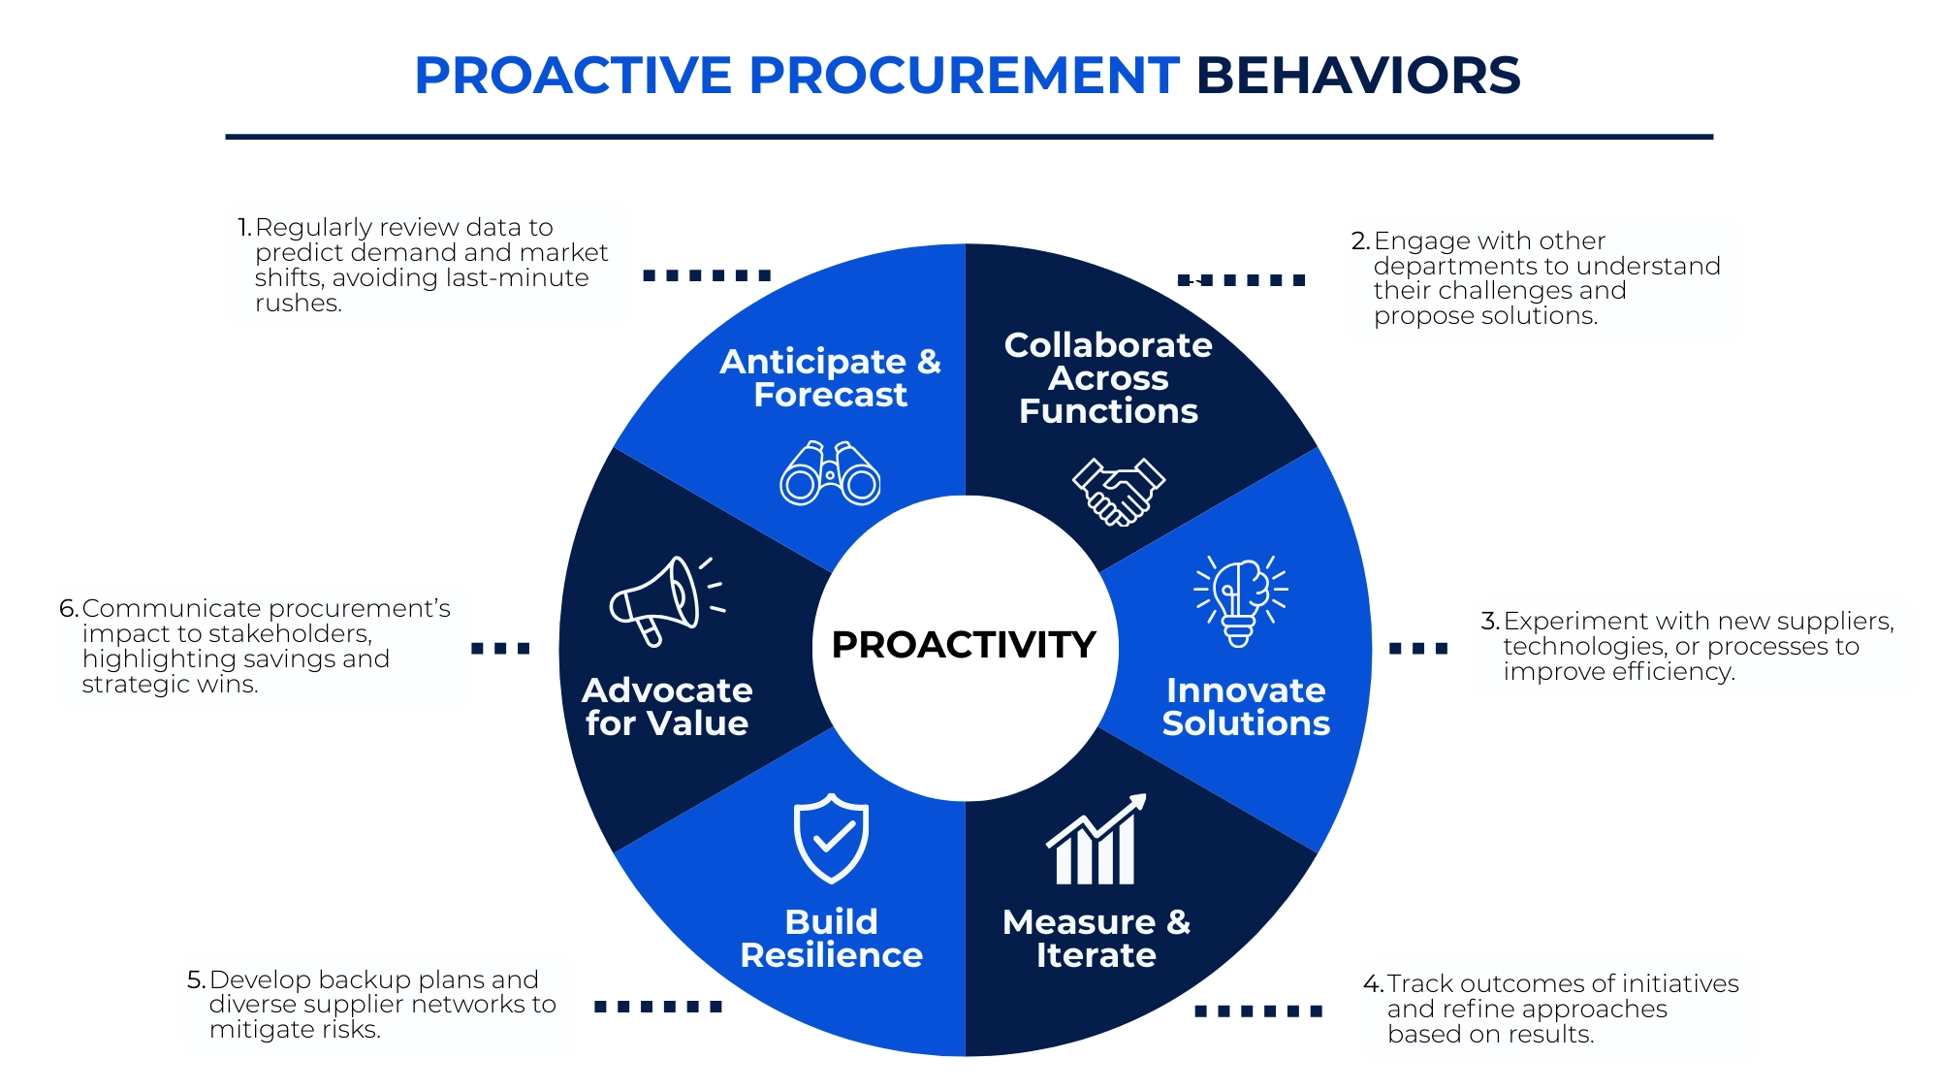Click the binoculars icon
[830, 473]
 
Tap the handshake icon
[1118, 491]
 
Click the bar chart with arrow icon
[1097, 841]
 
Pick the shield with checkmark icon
[831, 838]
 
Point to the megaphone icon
[665, 600]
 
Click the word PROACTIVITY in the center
[964, 645]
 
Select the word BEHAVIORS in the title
[1357, 76]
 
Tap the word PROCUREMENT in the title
[964, 76]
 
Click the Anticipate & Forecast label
[830, 378]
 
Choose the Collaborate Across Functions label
[1108, 378]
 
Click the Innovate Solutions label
[1246, 707]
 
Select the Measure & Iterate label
[1097, 939]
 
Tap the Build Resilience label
[831, 939]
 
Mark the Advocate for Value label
[667, 707]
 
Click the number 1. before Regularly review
[244, 228]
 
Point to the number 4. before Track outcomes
[1373, 984]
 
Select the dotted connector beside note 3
[1417, 649]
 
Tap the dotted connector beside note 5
[657, 1007]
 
